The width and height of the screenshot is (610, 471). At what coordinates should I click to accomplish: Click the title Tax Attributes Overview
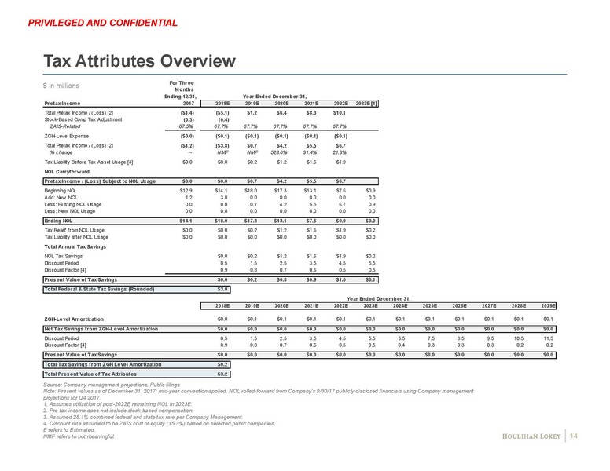(139, 60)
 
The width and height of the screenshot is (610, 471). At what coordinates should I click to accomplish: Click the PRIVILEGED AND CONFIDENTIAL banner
(102, 22)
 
